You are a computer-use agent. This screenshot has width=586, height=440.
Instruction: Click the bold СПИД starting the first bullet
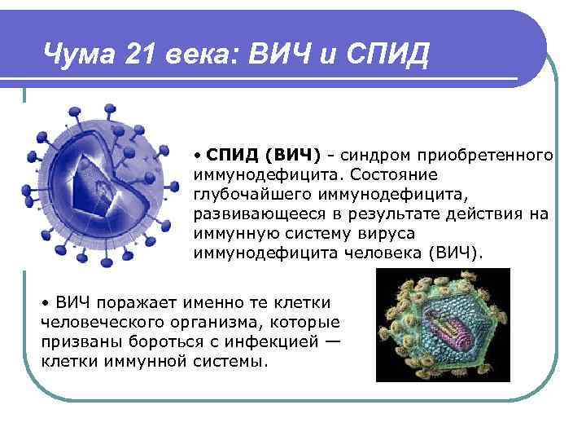tap(229, 155)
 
